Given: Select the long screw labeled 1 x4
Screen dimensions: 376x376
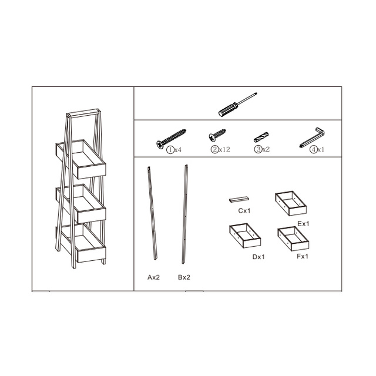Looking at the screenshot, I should click(171, 138).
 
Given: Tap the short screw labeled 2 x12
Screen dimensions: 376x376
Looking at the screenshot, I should click(218, 135).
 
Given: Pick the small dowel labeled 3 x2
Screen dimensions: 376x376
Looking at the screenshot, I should click(261, 137).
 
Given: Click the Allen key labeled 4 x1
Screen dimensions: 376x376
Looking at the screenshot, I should click(312, 137).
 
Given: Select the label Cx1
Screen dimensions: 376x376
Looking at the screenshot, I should click(244, 210).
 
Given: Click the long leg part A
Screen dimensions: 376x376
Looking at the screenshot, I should click(153, 212).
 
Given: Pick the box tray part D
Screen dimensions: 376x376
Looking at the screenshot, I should click(244, 235).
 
